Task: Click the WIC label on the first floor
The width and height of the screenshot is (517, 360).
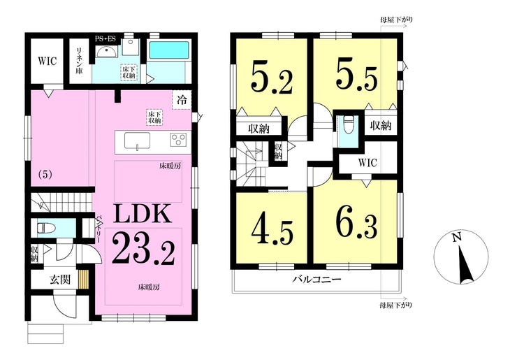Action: click(x=46, y=60)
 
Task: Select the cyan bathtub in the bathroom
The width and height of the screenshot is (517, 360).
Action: click(x=168, y=50)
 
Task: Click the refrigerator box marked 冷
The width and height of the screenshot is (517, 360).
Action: click(x=181, y=100)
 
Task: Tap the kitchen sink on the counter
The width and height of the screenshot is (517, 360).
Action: click(x=138, y=141)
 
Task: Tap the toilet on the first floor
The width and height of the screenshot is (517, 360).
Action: click(x=46, y=228)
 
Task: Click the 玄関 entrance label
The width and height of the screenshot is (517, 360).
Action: click(x=59, y=279)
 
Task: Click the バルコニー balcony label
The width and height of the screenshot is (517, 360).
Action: click(x=316, y=280)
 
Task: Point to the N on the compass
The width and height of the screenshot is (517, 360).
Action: click(x=456, y=239)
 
